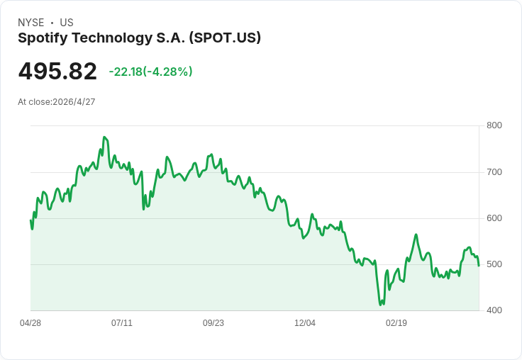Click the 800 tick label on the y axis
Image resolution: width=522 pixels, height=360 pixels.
494,126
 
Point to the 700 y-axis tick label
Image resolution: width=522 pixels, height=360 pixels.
494,172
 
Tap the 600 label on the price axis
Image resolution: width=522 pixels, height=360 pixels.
494,218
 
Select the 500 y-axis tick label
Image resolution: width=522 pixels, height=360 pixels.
494,264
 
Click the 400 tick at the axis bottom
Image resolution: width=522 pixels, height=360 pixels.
494,310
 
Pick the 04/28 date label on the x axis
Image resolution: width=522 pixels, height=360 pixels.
30,323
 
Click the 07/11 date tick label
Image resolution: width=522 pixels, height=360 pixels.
122,323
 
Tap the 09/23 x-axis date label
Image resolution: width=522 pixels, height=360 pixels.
213,323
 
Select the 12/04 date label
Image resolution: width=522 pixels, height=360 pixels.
305,323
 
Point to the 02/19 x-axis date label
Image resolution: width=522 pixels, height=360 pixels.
396,323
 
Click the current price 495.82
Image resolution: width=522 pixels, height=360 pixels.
57,72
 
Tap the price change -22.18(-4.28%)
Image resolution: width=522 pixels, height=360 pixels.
150,72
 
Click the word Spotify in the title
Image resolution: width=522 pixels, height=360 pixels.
42,38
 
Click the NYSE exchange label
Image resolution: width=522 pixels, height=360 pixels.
30,23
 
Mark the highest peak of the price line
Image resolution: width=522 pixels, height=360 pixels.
104,137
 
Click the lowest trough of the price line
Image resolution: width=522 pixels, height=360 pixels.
381,305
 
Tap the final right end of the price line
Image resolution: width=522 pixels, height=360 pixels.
479,266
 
